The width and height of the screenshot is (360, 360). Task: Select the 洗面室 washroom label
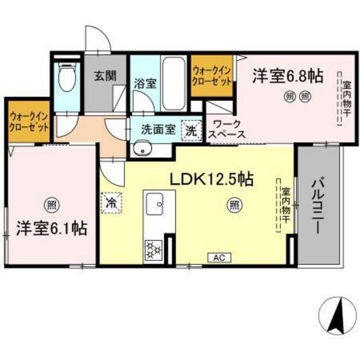click(x=158, y=127)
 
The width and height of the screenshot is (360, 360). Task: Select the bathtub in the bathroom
click(x=173, y=84)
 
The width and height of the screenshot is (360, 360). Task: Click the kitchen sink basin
click(x=155, y=206)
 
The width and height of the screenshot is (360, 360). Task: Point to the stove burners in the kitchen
click(x=154, y=248)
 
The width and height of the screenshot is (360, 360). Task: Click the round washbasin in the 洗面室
click(x=142, y=150)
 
